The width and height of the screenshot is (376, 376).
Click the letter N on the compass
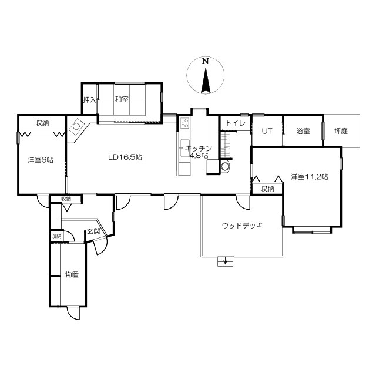(x=205, y=61)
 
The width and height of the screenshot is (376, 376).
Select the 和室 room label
(x=122, y=99)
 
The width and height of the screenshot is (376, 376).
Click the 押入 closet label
(x=90, y=99)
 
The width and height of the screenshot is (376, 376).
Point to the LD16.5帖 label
(x=125, y=157)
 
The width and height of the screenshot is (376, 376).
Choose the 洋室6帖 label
(x=41, y=160)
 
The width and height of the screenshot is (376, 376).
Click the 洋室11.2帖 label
(x=310, y=177)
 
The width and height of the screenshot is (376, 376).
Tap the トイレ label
(x=236, y=123)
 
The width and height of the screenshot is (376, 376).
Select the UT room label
(x=267, y=131)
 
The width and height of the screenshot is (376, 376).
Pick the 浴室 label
(x=303, y=131)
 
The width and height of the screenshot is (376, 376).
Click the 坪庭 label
(x=341, y=131)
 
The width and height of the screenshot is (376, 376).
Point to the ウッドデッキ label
(x=243, y=226)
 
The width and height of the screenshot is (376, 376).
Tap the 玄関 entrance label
(x=93, y=231)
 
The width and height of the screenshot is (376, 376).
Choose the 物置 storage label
(x=72, y=274)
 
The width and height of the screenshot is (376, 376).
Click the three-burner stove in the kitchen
(x=184, y=123)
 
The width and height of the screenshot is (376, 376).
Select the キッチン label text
(x=199, y=149)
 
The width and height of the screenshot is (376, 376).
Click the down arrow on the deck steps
(x=225, y=261)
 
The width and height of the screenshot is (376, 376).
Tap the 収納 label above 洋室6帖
(x=42, y=123)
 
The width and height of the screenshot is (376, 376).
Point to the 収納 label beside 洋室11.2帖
(x=267, y=189)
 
